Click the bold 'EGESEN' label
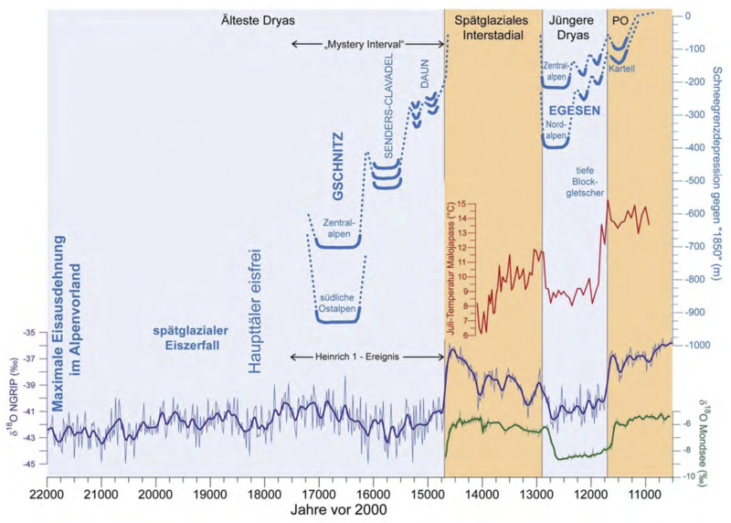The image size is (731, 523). [574, 110]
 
